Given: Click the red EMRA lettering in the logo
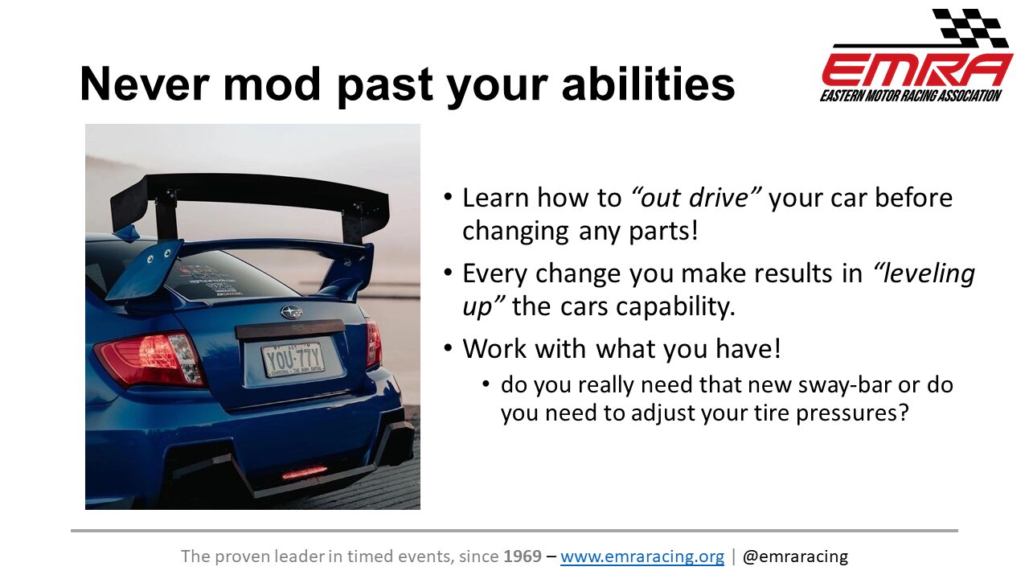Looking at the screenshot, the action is pyautogui.click(x=917, y=70).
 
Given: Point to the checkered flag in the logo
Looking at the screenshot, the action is pyautogui.click(x=970, y=28).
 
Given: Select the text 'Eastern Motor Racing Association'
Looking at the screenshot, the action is pyautogui.click(x=911, y=96).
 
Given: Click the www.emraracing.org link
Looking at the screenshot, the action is pyautogui.click(x=642, y=556).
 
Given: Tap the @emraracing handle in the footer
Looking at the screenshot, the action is pyautogui.click(x=795, y=556).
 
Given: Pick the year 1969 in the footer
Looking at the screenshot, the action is pyautogui.click(x=523, y=556).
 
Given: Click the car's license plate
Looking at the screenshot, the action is pyautogui.click(x=293, y=359).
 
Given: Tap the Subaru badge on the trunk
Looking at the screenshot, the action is pyautogui.click(x=291, y=313).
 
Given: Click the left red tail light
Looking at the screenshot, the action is pyautogui.click(x=150, y=359).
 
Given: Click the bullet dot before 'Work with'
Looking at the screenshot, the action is pyautogui.click(x=449, y=348).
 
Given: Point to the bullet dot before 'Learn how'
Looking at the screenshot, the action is pyautogui.click(x=449, y=197).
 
